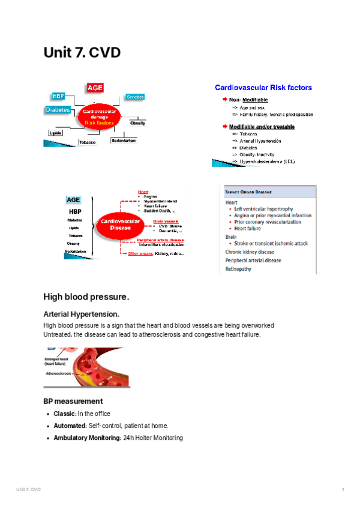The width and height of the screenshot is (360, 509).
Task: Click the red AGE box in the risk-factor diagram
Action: coord(95,88)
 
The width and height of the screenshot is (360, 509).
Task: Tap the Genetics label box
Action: coord(134,97)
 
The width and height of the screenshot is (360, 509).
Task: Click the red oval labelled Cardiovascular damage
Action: coord(98,116)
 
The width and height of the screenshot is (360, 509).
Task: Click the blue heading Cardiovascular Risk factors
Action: coord(263,88)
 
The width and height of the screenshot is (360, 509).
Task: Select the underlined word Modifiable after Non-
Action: coord(256,100)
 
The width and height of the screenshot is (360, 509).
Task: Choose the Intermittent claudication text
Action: coord(161,245)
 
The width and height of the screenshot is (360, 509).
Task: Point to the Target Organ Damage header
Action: coord(248,191)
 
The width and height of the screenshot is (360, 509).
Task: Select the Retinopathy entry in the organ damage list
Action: coord(238,269)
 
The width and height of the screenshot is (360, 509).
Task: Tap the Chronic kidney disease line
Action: coord(250,252)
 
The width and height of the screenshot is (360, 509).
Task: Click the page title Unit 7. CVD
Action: coord(82,53)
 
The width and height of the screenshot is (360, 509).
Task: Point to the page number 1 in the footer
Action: coord(342,490)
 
